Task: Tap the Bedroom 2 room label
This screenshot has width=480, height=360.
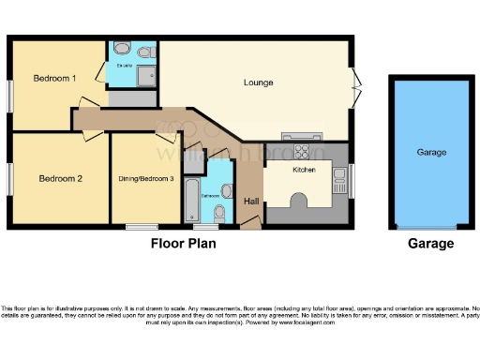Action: pyautogui.click(x=60, y=177)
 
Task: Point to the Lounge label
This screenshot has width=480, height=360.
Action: pyautogui.click(x=257, y=82)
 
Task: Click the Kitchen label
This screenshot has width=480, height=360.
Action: pyautogui.click(x=304, y=171)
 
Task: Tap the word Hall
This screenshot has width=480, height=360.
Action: pyautogui.click(x=251, y=202)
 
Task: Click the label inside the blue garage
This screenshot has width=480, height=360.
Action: pyautogui.click(x=430, y=152)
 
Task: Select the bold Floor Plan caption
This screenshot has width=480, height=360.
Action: pyautogui.click(x=184, y=244)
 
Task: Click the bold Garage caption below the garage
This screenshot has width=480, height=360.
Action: pyautogui.click(x=430, y=244)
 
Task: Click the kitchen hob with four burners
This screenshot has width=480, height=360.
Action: pyautogui.click(x=305, y=151)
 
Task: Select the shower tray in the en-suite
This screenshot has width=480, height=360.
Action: pyautogui.click(x=144, y=76)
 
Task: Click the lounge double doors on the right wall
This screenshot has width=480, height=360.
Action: pyautogui.click(x=354, y=87)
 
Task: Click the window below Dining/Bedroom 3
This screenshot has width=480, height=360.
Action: pyautogui.click(x=142, y=227)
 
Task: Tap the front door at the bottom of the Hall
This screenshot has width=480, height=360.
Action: pyautogui.click(x=249, y=223)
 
